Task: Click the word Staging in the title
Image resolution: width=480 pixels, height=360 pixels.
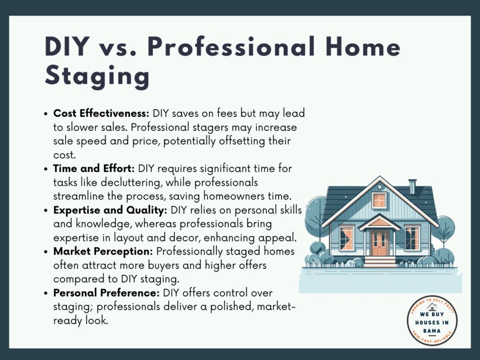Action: click(97, 76)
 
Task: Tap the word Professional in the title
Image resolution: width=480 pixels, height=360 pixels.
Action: click(231, 47)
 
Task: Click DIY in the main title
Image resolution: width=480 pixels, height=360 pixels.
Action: click(67, 47)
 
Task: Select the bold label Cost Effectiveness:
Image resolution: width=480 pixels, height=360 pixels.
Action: click(101, 113)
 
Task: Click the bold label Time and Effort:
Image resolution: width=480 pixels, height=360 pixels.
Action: click(94, 168)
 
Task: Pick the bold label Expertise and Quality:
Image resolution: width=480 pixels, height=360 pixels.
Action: click(110, 210)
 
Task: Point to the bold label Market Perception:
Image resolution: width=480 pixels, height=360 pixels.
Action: click(103, 251)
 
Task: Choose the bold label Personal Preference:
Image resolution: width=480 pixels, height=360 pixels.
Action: click(106, 292)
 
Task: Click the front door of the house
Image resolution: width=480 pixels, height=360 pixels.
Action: click(379, 243)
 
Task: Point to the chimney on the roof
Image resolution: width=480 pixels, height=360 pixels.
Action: click(412, 187)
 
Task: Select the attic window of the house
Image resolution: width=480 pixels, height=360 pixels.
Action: click(379, 201)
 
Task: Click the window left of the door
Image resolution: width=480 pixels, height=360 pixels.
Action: click(346, 239)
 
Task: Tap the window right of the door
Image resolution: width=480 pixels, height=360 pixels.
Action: click(412, 239)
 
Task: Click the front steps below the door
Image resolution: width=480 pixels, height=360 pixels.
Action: click(380, 262)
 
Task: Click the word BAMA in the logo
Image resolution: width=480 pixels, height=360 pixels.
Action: click(432, 330)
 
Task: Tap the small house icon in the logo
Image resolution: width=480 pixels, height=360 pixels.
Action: click(432, 307)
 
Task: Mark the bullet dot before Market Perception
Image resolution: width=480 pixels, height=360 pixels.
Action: click(46, 252)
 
